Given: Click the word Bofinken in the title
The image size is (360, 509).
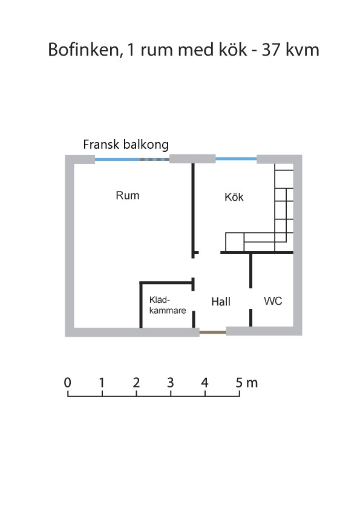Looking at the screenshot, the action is point(83,50).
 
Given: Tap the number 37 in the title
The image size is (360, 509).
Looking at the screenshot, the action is point(271,50).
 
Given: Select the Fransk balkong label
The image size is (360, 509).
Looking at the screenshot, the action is point(126,144).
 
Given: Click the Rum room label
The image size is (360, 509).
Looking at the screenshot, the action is point(128,195).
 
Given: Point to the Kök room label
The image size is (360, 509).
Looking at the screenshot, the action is point(234,196).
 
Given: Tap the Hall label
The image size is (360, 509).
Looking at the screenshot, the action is point(221,302).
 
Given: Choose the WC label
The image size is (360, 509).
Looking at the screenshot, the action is point(273,301).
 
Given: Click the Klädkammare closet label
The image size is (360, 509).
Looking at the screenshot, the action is point(168,305).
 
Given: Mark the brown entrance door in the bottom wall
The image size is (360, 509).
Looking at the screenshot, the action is point(213,332).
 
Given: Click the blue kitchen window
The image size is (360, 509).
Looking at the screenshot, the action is point(236,159).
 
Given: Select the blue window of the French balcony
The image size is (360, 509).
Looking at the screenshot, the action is point(117,160).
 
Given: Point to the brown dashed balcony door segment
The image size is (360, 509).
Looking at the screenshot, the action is point(155,160).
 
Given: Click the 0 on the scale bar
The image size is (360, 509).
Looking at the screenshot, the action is point(67,383).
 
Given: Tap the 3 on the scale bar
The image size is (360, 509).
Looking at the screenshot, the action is point(171,383).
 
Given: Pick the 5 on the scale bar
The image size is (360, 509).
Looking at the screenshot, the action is point(239,383).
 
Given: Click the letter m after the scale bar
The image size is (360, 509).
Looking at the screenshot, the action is point(252,384).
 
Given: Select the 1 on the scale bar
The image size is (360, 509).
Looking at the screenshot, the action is point(102,383).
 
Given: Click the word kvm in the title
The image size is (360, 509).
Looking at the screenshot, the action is point(303,50).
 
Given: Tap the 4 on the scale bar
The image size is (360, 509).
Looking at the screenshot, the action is point(205,383).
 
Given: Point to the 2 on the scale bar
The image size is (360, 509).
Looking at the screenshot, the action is point(136,383).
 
